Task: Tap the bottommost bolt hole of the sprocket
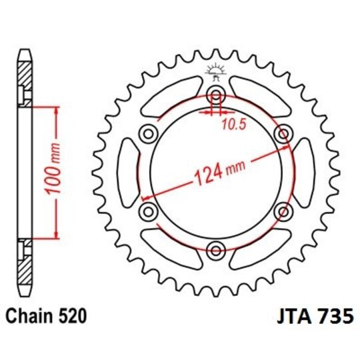click(x=215, y=251)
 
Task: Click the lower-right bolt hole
click(x=284, y=211)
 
